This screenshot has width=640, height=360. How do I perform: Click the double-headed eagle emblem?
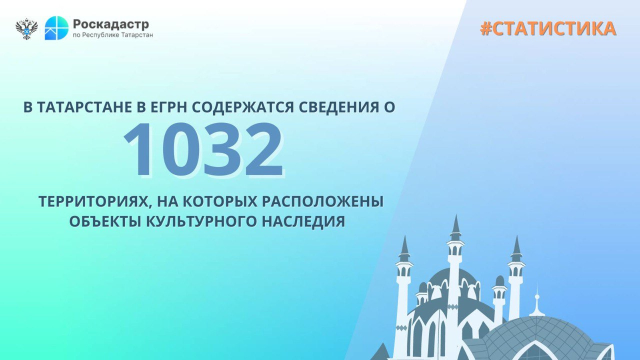(x=26, y=28)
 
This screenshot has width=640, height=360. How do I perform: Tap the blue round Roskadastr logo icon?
(x=56, y=28)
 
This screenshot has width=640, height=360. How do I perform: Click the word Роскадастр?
(x=111, y=24)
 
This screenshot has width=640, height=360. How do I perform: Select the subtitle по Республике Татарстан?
(x=113, y=35)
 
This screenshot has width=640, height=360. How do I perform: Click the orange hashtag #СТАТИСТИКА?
(x=548, y=28)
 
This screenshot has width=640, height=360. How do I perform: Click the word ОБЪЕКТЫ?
(x=106, y=222)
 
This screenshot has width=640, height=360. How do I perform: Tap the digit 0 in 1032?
(x=182, y=149)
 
